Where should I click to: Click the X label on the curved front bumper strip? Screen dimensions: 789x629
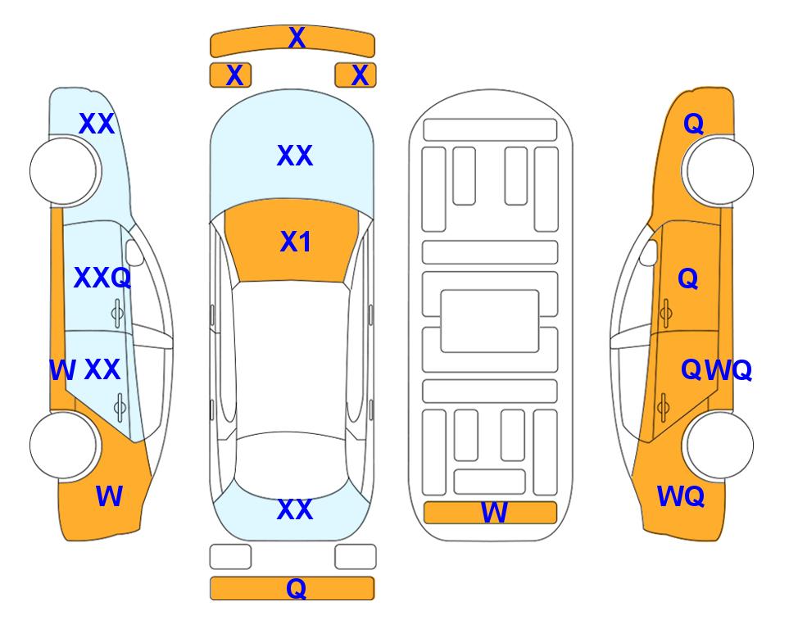coord(297,38)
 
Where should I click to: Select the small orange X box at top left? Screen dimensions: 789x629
coord(230,75)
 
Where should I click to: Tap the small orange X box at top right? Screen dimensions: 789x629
coord(356,75)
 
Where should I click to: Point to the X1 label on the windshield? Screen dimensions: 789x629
coord(296,242)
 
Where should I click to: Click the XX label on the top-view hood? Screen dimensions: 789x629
coord(295,156)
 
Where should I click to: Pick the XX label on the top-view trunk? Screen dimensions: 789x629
coord(295,509)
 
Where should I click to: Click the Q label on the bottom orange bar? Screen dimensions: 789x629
coord(297,588)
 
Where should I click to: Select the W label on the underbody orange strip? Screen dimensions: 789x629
coord(494,513)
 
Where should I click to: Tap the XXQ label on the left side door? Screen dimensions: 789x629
coord(102,278)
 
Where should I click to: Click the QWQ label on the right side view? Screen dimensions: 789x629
coord(717,370)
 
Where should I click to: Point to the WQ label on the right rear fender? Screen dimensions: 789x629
coord(681,496)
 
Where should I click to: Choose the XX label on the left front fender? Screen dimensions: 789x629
coord(97,124)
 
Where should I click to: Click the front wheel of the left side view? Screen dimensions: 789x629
coord(63,171)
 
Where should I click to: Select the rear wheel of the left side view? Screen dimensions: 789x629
coord(63,446)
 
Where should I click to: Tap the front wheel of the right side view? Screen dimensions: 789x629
coord(719,171)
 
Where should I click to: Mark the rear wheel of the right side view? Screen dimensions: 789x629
coord(719,446)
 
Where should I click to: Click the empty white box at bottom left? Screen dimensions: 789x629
coord(230,557)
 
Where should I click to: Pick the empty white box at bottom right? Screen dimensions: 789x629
coord(356,557)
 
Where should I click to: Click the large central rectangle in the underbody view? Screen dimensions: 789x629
coord(490,321)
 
